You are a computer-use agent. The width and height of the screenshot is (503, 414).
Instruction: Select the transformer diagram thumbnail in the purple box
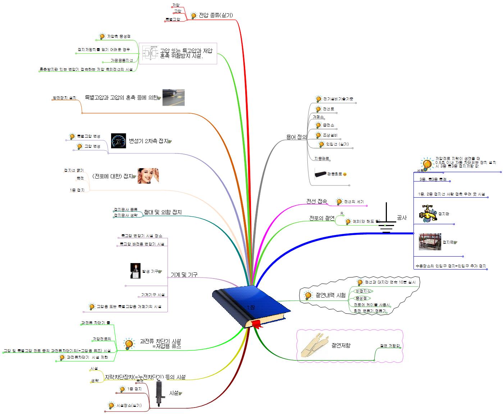click(150, 53)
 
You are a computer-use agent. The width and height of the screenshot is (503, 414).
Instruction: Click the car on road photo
click(173, 97)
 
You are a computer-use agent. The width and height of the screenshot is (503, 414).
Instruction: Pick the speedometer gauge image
click(118, 141)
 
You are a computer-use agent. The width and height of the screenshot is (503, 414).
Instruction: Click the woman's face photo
click(148, 176)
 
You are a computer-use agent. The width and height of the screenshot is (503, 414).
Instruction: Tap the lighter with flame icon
click(135, 271)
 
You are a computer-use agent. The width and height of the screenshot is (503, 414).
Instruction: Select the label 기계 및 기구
click(184, 275)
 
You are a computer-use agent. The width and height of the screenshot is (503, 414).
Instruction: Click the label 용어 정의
click(296, 137)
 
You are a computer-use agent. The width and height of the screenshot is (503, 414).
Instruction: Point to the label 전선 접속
click(316, 201)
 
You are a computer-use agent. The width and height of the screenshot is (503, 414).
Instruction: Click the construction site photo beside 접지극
click(430, 242)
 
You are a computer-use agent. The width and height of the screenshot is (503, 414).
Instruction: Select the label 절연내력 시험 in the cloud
click(330, 295)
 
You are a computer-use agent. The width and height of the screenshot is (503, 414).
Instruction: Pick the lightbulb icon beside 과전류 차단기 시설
click(129, 344)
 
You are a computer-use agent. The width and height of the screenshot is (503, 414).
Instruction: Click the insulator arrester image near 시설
click(160, 394)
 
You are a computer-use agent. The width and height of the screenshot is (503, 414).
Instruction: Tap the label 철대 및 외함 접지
click(163, 212)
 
